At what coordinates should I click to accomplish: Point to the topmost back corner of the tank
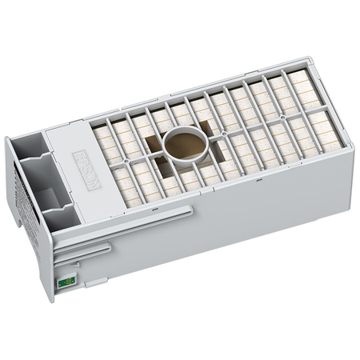point(309,58)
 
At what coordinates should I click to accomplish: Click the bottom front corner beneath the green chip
point(51,301)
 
